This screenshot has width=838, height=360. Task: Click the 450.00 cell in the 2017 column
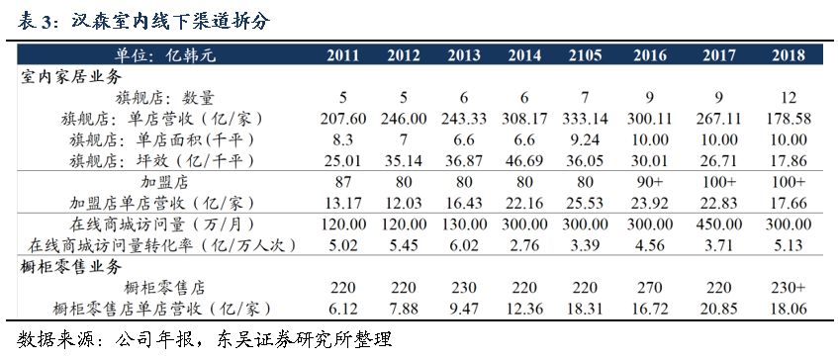(720, 225)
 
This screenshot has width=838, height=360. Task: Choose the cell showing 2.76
(524, 246)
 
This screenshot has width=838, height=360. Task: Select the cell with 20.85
(720, 311)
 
